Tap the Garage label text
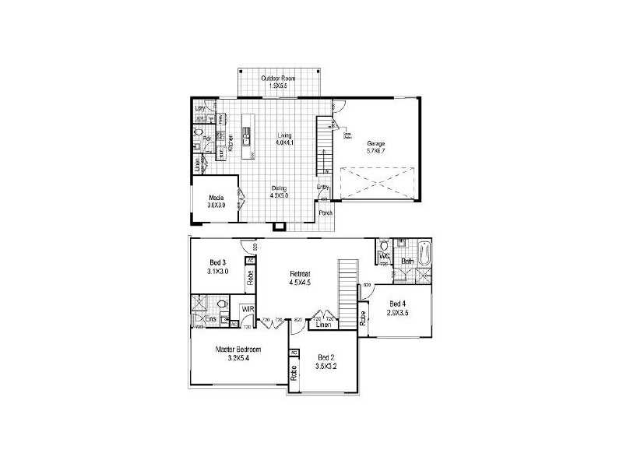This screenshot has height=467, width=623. click(376, 143)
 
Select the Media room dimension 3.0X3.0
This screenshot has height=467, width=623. click(216, 205)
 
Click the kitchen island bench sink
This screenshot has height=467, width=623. click(246, 141)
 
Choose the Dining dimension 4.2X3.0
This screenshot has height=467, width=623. click(280, 195)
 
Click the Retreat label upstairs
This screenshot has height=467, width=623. click(301, 274)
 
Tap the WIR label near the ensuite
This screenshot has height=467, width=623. click(247, 309)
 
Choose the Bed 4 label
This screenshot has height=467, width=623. click(397, 304)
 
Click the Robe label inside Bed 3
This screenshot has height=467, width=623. click(249, 277)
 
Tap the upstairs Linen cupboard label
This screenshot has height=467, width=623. click(325, 325)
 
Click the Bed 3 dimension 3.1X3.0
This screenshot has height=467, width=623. click(218, 272)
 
